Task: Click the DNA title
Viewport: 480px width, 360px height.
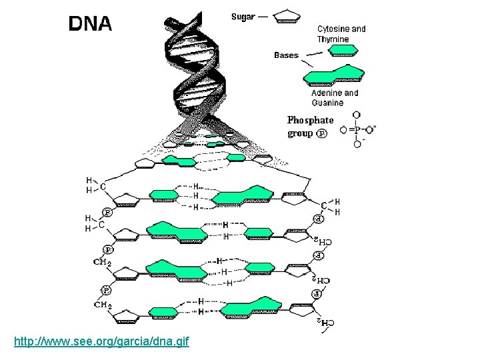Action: (91, 25)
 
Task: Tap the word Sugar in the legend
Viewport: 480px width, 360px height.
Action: (243, 17)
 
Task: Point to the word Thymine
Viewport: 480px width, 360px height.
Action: (333, 39)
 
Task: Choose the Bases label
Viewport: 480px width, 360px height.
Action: (286, 55)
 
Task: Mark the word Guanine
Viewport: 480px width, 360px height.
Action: (327, 103)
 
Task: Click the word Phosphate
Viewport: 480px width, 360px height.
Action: (310, 120)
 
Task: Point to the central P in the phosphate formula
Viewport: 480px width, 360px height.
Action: (357, 129)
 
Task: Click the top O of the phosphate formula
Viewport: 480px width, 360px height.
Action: (357, 115)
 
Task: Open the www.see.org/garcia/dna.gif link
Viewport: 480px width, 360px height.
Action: (101, 342)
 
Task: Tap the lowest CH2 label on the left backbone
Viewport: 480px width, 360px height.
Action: (103, 305)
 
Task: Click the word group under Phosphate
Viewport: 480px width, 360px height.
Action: (300, 133)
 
